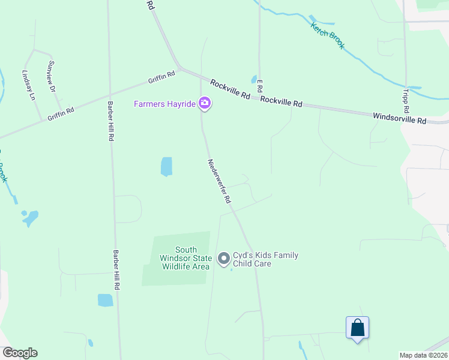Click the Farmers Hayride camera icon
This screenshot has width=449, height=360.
(205, 104)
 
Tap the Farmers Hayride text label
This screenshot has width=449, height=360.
(164, 104)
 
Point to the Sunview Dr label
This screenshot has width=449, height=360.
(52, 76)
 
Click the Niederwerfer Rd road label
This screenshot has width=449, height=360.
(220, 181)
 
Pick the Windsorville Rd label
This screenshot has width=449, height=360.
(399, 118)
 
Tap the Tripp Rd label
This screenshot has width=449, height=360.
(406, 101)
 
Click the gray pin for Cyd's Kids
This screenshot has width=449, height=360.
(224, 259)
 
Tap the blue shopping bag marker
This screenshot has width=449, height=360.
(357, 328)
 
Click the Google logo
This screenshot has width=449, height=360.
(20, 353)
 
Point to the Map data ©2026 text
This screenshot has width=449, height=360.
(423, 355)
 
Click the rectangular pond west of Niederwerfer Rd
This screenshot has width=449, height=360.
(166, 166)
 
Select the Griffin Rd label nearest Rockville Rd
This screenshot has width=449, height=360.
(162, 78)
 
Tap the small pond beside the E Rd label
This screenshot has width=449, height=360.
(254, 79)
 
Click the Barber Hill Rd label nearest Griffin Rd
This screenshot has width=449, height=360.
(110, 120)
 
